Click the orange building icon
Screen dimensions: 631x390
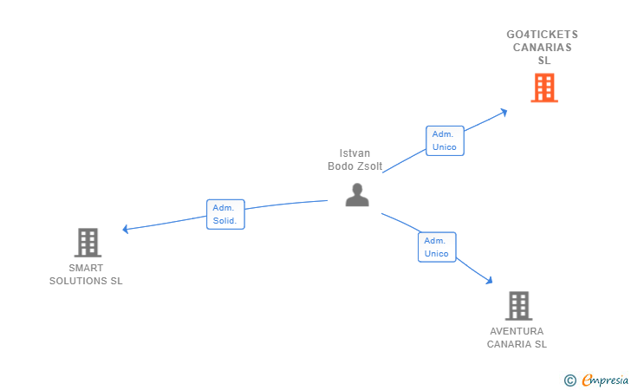pos(544,88)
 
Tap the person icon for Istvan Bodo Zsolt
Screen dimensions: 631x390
pos(357,195)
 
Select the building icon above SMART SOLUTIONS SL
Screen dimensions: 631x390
pos(88,243)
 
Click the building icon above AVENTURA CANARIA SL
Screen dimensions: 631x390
pos(518,306)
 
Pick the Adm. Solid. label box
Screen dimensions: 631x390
pos(225,214)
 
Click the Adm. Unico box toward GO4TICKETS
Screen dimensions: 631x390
pos(445,140)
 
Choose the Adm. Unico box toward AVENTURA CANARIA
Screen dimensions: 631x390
pos(437,247)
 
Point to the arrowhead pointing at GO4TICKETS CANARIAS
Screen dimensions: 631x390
pos(503,113)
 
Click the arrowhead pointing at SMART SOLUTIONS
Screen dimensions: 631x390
pos(126,229)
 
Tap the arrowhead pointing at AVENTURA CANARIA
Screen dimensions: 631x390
pos(489,280)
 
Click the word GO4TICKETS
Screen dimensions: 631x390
pos(542,35)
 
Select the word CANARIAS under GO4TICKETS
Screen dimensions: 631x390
pos(542,48)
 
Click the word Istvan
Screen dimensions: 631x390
pos(355,153)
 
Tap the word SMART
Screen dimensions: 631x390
pos(86,268)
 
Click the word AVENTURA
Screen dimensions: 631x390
pos(517,331)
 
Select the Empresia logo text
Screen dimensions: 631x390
pos(605,380)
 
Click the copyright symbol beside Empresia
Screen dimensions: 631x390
pos(569,380)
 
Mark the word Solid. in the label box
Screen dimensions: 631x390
pos(225,220)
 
